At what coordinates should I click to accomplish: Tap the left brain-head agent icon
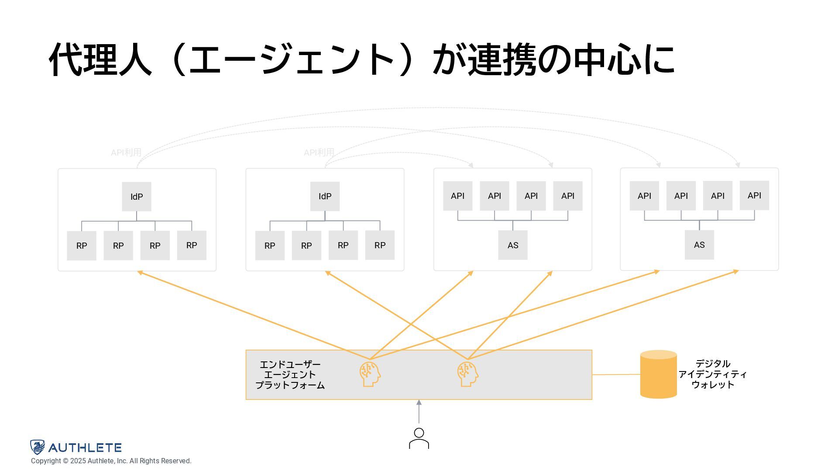370,374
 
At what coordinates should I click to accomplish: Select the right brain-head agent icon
467,374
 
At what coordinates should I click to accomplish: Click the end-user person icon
419,438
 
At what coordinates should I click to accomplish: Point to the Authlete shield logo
38,447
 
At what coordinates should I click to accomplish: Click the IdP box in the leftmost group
137,197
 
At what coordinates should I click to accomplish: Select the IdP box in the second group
325,196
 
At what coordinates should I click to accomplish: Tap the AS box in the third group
513,245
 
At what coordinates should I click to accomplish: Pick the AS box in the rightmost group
699,245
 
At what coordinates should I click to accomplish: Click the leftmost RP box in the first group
82,246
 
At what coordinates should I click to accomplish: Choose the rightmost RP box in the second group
380,245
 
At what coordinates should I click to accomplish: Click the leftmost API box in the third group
457,196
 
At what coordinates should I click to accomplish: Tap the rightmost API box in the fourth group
754,195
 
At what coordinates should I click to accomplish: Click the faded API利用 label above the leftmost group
126,153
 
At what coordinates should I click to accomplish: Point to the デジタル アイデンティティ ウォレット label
712,374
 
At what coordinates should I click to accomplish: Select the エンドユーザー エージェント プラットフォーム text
290,375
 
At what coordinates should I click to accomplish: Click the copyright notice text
111,461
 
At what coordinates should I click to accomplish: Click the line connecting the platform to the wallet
616,375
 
